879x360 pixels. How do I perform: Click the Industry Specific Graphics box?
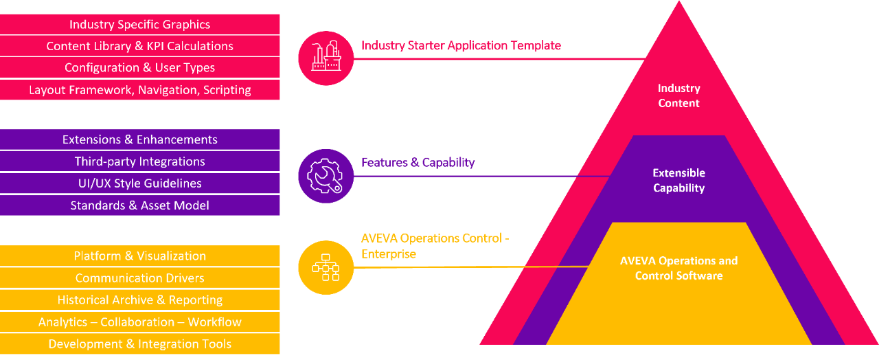coord(140,24)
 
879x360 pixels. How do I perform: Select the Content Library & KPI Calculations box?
coord(140,46)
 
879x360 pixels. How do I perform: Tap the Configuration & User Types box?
coord(140,68)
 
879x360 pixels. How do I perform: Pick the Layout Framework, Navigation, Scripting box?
coord(140,90)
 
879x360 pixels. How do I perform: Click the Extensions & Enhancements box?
coord(140,139)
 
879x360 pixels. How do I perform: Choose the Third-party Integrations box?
coord(140,161)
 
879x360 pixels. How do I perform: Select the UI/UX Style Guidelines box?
coord(140,183)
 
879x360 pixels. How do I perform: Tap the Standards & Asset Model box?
coord(140,205)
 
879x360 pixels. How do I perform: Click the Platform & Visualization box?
coord(140,256)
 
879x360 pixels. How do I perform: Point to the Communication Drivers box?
coord(140,278)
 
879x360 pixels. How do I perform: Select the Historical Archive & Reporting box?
coord(140,300)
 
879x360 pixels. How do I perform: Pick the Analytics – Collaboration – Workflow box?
coord(140,322)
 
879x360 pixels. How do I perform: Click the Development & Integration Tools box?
coord(140,344)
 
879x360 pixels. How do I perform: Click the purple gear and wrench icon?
coord(326,176)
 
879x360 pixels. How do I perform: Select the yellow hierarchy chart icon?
coord(326,267)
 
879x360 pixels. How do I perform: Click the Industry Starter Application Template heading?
coord(461,46)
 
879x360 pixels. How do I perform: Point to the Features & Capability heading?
coord(418,163)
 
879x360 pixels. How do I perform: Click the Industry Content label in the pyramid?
coord(678,95)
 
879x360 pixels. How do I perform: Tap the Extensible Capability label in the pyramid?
coord(678,180)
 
